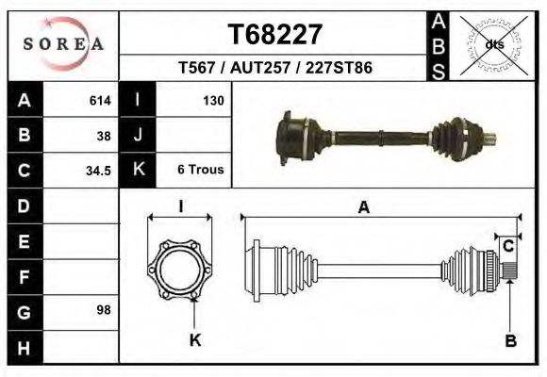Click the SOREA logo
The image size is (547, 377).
[63, 43]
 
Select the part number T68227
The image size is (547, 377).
[275, 35]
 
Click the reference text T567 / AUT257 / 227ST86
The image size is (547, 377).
[274, 68]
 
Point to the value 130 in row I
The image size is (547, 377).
[213, 100]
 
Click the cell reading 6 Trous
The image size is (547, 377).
[200, 170]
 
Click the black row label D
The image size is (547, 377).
[25, 205]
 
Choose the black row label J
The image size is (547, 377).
[138, 135]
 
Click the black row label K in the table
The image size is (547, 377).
[138, 170]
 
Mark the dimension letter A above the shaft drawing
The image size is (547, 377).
[363, 208]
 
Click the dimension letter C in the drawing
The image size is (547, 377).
[507, 247]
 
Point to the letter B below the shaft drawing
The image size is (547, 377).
[510, 340]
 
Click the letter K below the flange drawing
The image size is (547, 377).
[195, 340]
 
